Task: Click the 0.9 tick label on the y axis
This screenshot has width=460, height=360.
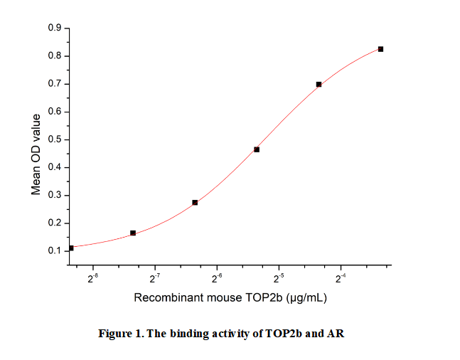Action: pyautogui.click(x=55, y=28)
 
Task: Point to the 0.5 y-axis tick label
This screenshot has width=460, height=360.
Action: pyautogui.click(x=55, y=139)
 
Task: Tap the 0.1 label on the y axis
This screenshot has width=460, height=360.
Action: pyautogui.click(x=55, y=251)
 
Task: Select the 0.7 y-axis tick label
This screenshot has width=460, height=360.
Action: pyautogui.click(x=55, y=84)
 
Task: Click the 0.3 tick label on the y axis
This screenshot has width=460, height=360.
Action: pyautogui.click(x=55, y=196)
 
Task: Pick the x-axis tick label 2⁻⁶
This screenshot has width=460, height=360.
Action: pyautogui.click(x=217, y=278)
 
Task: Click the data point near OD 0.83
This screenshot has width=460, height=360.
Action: pyautogui.click(x=381, y=49)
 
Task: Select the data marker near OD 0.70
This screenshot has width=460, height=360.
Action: pyautogui.click(x=319, y=84)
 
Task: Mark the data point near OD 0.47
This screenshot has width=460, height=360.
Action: pyautogui.click(x=257, y=149)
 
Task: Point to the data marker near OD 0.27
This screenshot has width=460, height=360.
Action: pyautogui.click(x=195, y=203)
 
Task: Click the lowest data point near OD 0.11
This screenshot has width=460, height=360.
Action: pyautogui.click(x=71, y=248)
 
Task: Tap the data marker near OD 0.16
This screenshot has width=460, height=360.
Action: pyautogui.click(x=133, y=233)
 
